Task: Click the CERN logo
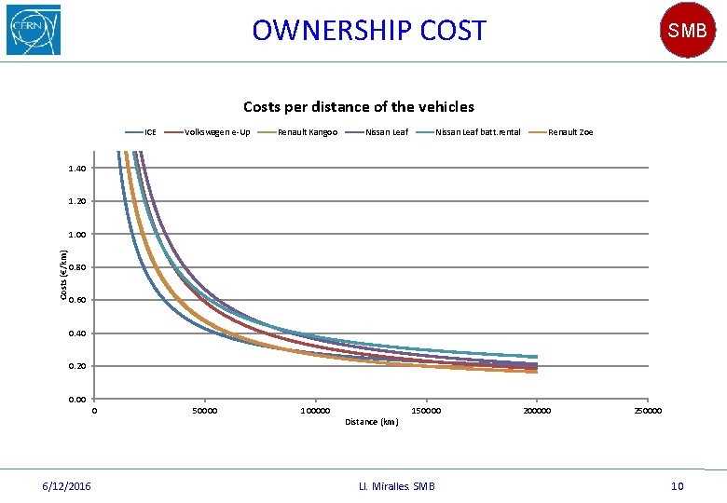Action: coord(34,30)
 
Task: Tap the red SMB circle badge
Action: coord(687,30)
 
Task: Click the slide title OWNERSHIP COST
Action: coord(369,30)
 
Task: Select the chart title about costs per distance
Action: coord(359,107)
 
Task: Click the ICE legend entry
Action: coord(141,132)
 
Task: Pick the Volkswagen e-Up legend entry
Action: coord(207,132)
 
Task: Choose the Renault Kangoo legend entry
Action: coord(297,132)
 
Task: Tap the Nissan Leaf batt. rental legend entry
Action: coord(468,132)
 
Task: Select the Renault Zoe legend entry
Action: coord(560,132)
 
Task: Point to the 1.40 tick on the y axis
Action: coord(77,168)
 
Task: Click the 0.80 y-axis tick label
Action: coord(77,267)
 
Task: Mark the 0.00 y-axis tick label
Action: coord(77,400)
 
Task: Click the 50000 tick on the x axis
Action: coord(205,411)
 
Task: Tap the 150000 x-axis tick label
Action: coord(426,411)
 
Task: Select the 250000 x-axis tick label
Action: coord(648,411)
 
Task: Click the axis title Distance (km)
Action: coord(372,422)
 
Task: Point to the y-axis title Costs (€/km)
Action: coord(63,275)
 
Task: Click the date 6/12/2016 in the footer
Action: coord(66,486)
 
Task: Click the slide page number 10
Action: coord(678,486)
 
